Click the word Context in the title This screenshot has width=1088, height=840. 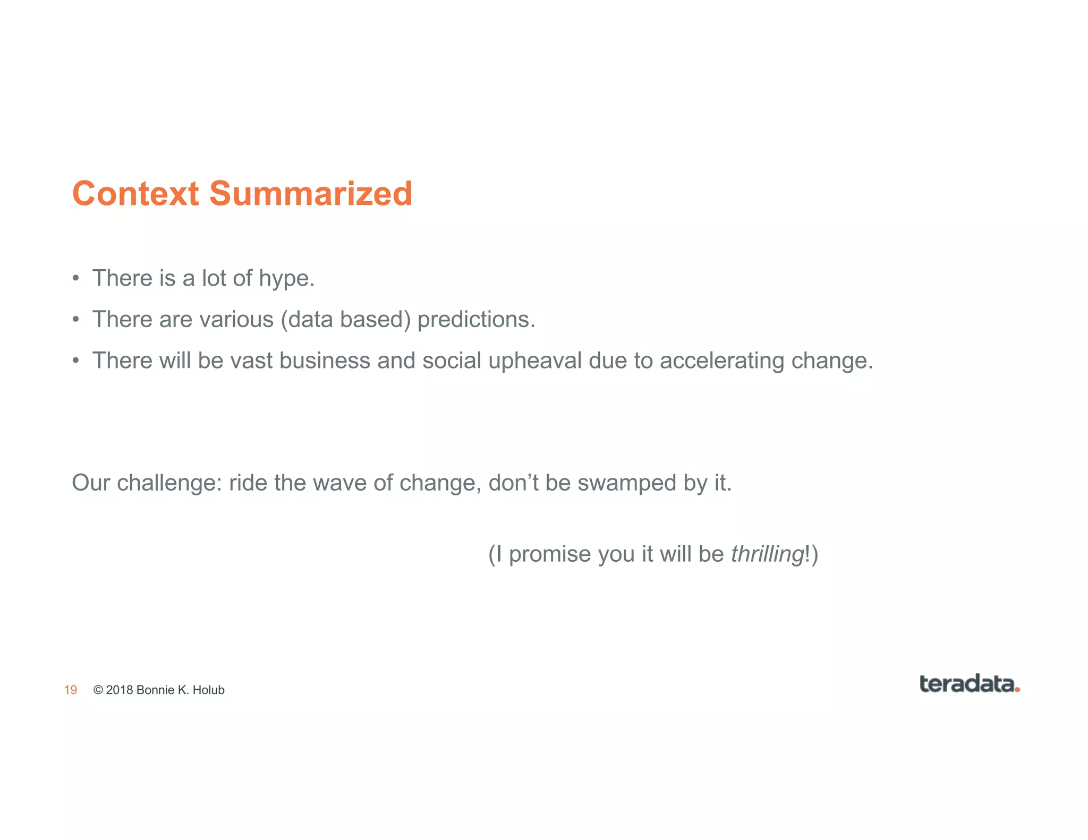pos(135,193)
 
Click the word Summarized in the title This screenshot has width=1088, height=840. pos(311,193)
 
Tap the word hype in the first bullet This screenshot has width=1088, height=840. pos(286,279)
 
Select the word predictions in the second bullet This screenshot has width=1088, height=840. pos(476,320)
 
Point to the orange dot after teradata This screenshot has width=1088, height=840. pos(1017,689)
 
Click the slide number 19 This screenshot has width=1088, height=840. pos(71,690)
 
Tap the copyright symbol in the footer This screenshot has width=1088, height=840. pos(98,690)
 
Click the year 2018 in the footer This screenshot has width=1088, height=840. pos(120,690)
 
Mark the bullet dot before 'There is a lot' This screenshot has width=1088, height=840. pos(76,279)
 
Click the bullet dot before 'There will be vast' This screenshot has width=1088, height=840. pos(76,361)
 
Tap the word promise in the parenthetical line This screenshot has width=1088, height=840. pos(550,554)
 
